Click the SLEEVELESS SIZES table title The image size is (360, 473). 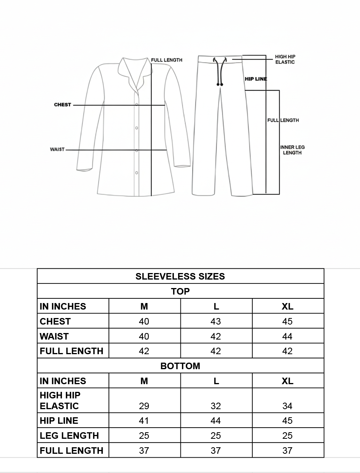pyautogui.click(x=180, y=276)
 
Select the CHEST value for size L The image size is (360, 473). pyautogui.click(x=216, y=321)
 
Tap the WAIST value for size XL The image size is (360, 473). pyautogui.click(x=287, y=336)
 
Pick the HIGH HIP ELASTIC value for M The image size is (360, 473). pyautogui.click(x=144, y=406)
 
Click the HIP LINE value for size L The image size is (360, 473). pyautogui.click(x=216, y=421)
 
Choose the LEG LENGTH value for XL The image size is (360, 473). pyautogui.click(x=287, y=436)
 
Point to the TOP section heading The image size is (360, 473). pyautogui.click(x=180, y=291)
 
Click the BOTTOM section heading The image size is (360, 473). pyautogui.click(x=180, y=366)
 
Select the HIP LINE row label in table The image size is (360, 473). pyautogui.click(x=59, y=421)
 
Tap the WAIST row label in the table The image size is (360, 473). pyautogui.click(x=54, y=336)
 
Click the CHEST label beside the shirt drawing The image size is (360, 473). pyautogui.click(x=62, y=105)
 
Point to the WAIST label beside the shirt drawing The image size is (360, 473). pyautogui.click(x=57, y=149)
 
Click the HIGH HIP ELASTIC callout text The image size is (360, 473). pyautogui.click(x=285, y=60)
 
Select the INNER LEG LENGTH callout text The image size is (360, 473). pyautogui.click(x=292, y=150)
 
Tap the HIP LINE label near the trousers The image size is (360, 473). pyautogui.click(x=256, y=79)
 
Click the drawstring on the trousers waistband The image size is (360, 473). pyautogui.click(x=220, y=71)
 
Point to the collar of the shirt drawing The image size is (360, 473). pyautogui.click(x=135, y=71)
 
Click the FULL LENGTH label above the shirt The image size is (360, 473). pyautogui.click(x=167, y=60)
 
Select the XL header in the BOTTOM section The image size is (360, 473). pyautogui.click(x=287, y=381)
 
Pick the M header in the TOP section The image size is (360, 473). pyautogui.click(x=144, y=306)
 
